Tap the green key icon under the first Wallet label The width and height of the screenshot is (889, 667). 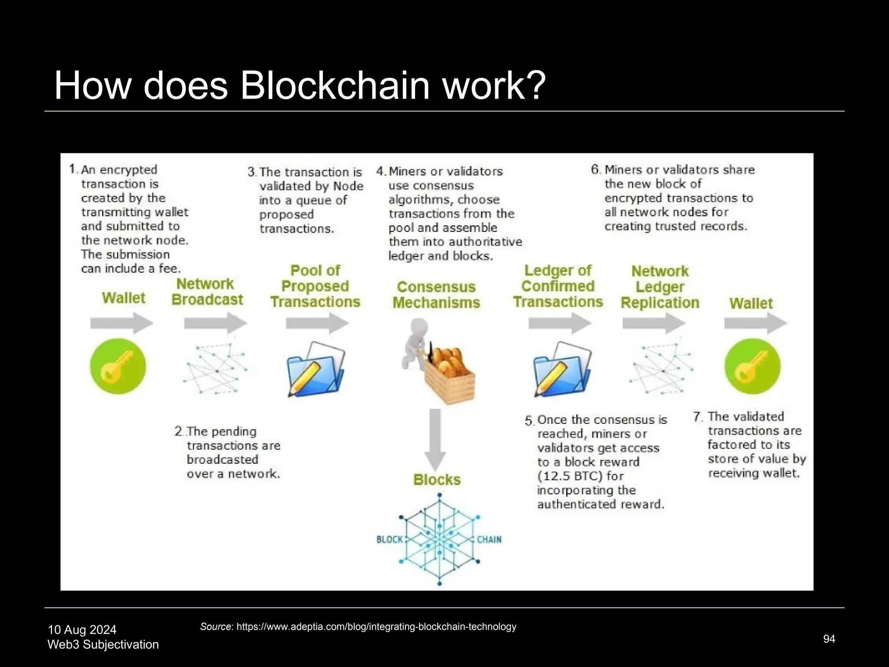(118, 367)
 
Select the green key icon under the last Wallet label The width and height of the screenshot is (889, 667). (752, 367)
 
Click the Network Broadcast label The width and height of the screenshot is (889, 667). (207, 292)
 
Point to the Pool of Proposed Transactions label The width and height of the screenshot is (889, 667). (315, 286)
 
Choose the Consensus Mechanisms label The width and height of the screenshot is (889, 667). (436, 294)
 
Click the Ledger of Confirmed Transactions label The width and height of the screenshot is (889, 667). (558, 286)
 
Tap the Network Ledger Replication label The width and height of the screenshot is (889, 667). (660, 287)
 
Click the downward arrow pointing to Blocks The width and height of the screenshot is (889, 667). (435, 439)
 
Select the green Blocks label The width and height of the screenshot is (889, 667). (437, 480)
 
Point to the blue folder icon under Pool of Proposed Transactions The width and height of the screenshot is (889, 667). (316, 369)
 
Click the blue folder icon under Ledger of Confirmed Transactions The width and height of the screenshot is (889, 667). (562, 369)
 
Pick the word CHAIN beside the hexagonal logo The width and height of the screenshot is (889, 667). (489, 540)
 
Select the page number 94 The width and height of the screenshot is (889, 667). (829, 639)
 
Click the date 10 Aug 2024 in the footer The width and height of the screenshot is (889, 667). (82, 630)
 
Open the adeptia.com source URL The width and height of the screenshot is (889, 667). (376, 627)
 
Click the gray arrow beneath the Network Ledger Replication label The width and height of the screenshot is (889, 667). (654, 324)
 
